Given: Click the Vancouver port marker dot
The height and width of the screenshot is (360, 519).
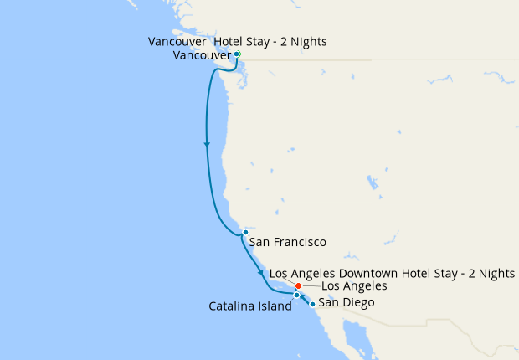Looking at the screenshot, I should [237, 54].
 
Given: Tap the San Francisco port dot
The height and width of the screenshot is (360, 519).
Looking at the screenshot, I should [245, 232].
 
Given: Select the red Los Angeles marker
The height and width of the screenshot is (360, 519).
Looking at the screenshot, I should [299, 286].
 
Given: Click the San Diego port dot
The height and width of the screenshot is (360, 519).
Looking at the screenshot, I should [312, 304].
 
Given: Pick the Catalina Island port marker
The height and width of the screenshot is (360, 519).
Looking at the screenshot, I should [296, 296].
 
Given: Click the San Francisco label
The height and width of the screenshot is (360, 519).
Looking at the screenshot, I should [287, 243].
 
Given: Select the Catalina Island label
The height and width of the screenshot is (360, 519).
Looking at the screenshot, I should [250, 306].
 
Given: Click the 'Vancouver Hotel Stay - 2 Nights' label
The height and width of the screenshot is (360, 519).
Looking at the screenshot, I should [237, 41].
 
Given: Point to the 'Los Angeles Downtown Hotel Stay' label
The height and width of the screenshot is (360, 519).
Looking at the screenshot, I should [393, 274].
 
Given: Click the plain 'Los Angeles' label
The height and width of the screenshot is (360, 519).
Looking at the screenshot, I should [354, 286].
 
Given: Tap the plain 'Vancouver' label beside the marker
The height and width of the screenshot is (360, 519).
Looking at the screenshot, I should [202, 55].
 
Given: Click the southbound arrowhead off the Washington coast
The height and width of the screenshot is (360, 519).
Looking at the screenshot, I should [206, 145].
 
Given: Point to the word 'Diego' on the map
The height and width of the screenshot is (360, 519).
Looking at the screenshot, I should [358, 302].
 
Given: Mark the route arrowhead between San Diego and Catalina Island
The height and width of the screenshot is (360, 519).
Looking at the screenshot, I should [303, 297].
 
